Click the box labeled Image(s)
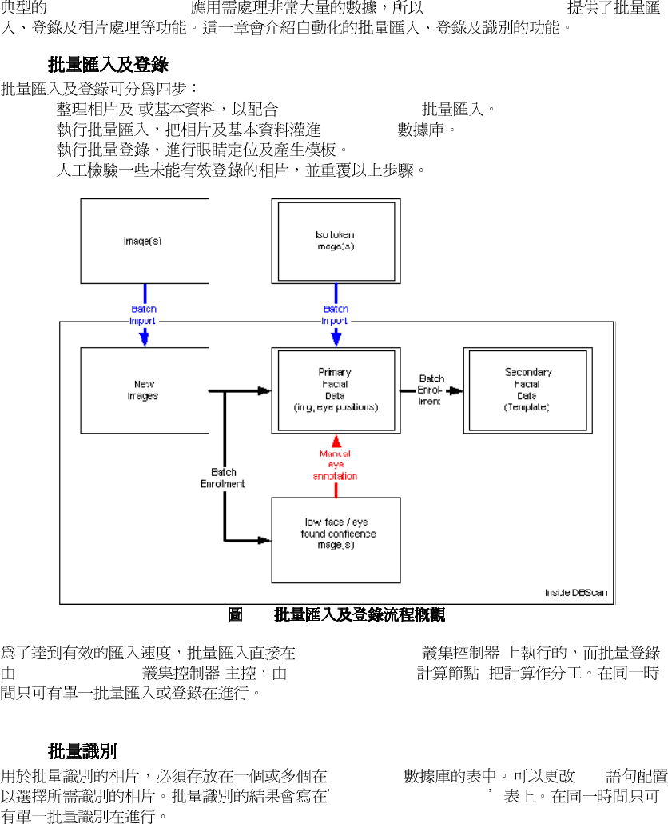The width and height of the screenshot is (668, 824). coord(144,241)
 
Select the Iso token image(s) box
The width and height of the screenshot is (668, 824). coord(336,241)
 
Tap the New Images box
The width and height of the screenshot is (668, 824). coord(144,390)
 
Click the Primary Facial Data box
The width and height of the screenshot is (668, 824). coord(336,390)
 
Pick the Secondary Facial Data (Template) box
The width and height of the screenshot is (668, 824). coord(527,390)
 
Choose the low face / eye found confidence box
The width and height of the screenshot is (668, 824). coord(336,539)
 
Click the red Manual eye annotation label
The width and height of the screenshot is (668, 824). coord(335,465)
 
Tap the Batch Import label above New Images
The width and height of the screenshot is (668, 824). coord(144,314)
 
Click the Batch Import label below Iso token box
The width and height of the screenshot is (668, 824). coord(336,314)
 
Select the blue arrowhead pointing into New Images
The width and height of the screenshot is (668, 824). coord(144,338)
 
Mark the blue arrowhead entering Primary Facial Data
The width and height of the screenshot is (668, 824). coord(336,338)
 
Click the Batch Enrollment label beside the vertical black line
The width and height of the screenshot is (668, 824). coord(222,478)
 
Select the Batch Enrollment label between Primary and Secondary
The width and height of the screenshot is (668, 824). coord(431,390)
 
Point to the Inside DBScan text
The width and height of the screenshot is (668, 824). coord(575,593)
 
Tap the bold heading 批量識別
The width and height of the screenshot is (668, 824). coord(82,751)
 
